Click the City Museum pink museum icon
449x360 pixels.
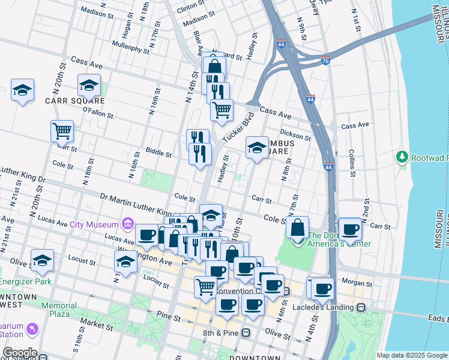[x=127, y=224]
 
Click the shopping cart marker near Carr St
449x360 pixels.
[x=62, y=131]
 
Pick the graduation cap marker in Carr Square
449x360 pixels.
[x=89, y=85]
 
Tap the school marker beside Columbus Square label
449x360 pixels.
[x=257, y=148]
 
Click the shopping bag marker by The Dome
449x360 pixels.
[x=297, y=227]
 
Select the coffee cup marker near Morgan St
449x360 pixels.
[x=322, y=288]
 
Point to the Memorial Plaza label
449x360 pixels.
[x=59, y=310]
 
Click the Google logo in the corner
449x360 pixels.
[x=19, y=352]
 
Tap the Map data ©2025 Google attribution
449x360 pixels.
[x=411, y=355]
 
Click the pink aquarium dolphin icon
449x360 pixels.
[x=31, y=329]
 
